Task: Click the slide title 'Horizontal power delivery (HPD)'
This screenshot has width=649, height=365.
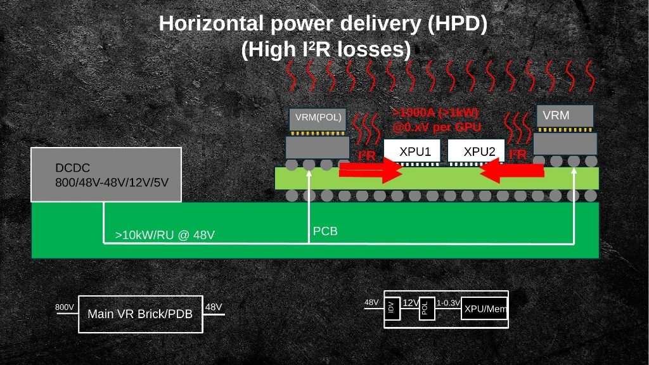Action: pos(323,23)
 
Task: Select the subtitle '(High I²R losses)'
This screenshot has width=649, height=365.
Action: pos(326,49)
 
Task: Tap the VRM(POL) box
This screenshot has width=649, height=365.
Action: pos(318,118)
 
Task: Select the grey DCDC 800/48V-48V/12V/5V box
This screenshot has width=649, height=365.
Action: pos(106,175)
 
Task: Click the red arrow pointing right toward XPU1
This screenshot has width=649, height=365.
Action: pos(371,170)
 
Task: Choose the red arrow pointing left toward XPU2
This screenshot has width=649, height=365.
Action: pos(512,170)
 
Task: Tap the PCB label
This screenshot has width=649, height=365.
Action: pos(325,231)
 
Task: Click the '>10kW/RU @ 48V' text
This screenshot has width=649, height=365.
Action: pos(165,235)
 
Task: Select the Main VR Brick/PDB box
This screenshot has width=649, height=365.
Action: pos(140,314)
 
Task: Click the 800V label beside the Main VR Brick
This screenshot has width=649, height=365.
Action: pos(65,307)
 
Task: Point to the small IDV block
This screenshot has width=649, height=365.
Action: pos(392,308)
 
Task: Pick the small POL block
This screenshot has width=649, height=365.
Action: pos(426,309)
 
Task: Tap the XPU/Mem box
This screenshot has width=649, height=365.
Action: pos(485,309)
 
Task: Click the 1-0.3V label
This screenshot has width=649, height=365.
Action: pos(448,303)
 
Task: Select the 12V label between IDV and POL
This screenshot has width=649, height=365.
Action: pos(410,303)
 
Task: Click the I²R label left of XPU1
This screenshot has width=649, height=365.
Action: pos(367,155)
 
